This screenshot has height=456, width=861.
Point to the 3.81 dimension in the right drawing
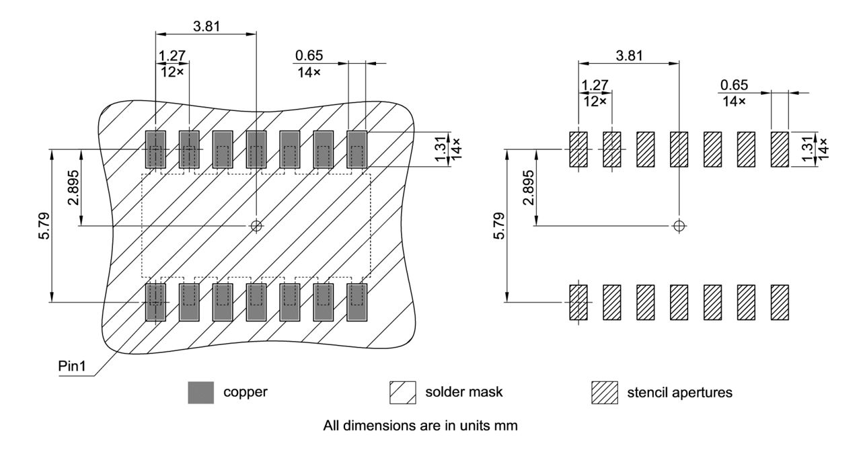tap(628, 55)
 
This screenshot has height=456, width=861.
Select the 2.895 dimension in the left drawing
tap(73, 187)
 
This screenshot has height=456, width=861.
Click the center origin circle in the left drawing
tap(256, 226)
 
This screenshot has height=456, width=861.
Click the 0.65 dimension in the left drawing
tap(307, 55)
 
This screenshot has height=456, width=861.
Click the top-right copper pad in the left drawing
tap(357, 149)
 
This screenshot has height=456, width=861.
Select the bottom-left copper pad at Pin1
tap(155, 301)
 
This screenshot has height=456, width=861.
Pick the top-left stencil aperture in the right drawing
tap(578, 149)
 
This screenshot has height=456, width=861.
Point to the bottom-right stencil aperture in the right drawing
tap(780, 302)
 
